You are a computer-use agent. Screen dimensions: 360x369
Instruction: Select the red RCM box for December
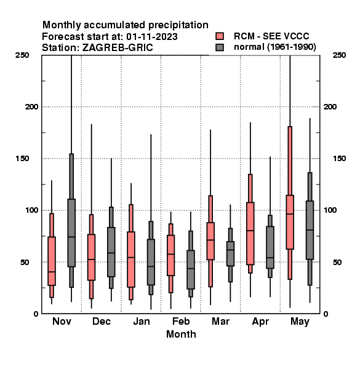pos(91,257)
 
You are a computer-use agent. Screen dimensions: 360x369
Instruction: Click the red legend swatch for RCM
pos(220,36)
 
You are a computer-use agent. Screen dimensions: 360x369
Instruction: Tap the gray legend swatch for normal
pos(220,47)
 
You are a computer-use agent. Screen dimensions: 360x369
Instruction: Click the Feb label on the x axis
pos(181,321)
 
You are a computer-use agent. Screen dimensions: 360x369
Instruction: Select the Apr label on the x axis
pos(260,322)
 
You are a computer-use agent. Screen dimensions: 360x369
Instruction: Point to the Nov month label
pos(62,321)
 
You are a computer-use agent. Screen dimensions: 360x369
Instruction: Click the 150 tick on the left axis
pos(22,159)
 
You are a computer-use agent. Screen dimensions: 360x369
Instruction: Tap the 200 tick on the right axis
pos(330,106)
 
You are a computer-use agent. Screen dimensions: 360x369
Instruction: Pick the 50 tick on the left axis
pos(25,262)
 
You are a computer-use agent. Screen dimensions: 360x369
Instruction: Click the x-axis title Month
pos(181,334)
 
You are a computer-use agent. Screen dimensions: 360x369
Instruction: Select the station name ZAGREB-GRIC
pos(118,47)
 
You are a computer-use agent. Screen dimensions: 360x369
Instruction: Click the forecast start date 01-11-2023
pos(152,36)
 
